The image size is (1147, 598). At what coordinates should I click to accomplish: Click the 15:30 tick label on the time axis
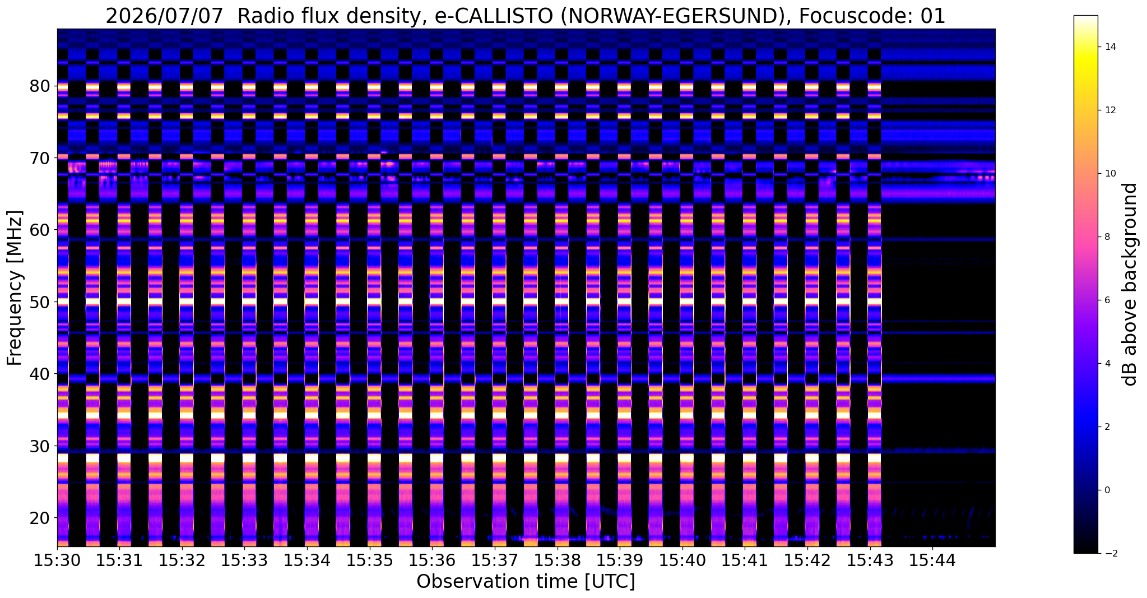[57, 560]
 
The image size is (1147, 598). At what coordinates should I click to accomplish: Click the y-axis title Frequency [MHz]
[15, 288]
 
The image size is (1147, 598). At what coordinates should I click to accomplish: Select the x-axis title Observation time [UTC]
[526, 582]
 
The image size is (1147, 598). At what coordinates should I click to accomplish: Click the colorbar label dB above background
[1131, 284]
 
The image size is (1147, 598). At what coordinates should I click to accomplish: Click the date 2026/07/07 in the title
[165, 16]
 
